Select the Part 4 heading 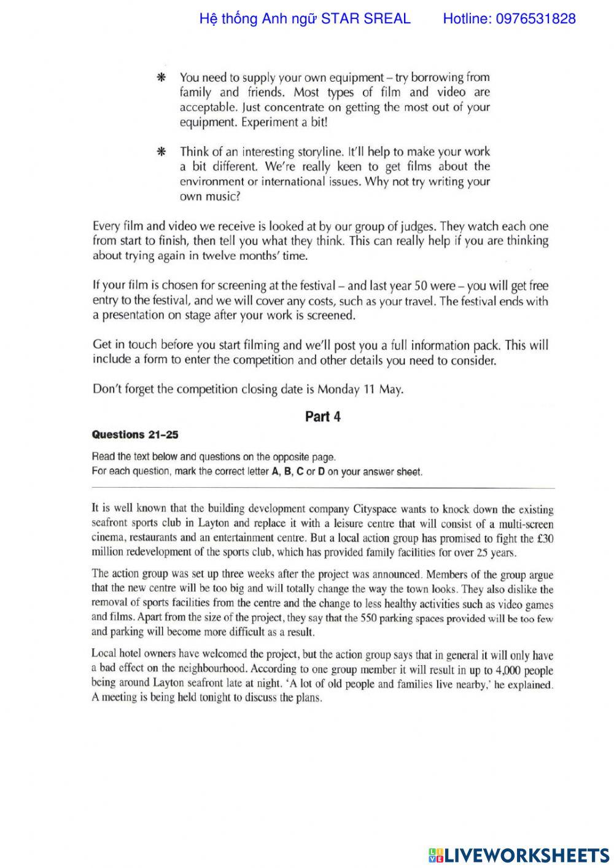pos(323,416)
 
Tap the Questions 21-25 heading pos(135,434)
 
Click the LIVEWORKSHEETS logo pos(519,854)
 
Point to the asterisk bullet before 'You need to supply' pos(161,78)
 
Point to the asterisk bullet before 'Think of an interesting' pos(161,152)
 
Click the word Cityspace pos(375,509)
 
